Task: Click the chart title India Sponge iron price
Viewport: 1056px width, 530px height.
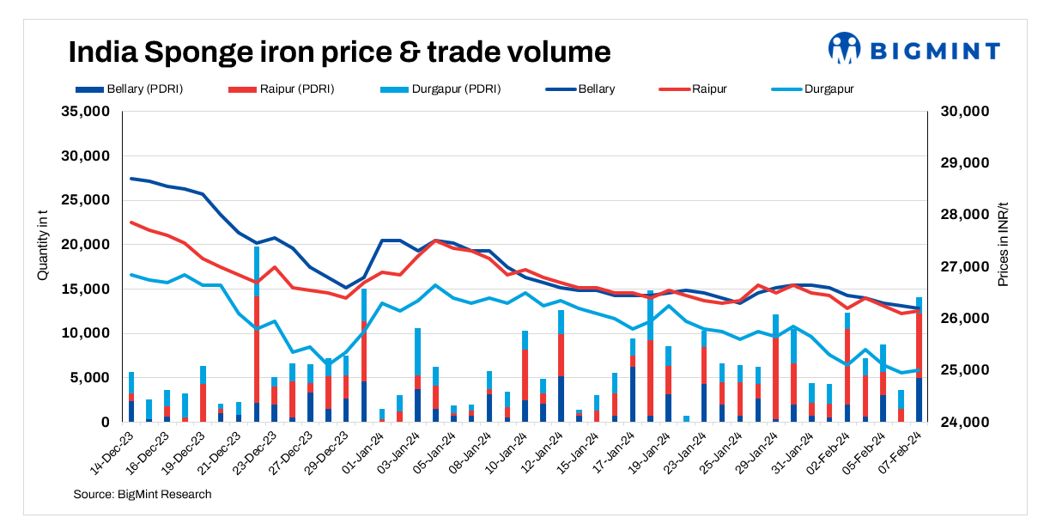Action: tap(339, 52)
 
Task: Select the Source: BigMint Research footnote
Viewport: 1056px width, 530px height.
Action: tap(143, 494)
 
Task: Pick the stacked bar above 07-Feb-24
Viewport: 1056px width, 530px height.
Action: tap(919, 361)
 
